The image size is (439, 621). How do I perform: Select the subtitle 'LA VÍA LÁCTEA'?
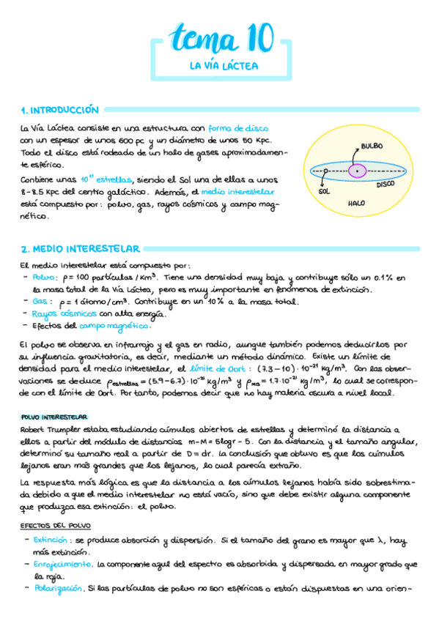219,66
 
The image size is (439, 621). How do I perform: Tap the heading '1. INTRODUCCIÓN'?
59,111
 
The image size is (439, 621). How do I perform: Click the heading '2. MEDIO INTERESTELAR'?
81,249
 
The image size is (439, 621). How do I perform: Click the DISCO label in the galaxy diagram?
385,185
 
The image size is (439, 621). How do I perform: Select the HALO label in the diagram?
357,203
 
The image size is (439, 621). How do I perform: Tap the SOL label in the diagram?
324,191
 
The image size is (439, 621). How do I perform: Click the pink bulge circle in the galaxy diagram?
357,171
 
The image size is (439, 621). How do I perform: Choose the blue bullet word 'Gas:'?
43,302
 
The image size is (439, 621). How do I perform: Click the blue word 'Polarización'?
59,588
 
